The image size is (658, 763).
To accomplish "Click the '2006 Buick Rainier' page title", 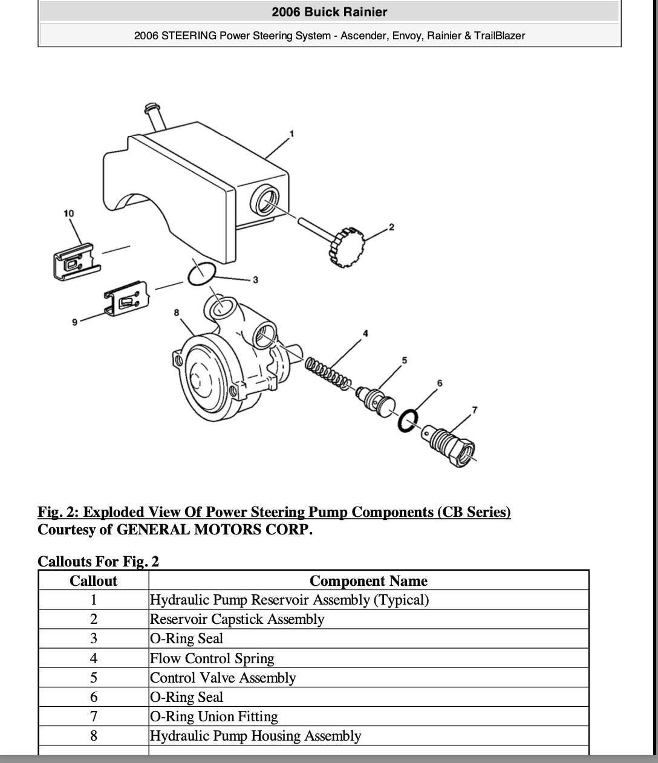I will (329, 12).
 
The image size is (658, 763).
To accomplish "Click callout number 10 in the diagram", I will (68, 213).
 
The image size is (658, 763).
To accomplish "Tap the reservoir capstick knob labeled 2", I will (347, 247).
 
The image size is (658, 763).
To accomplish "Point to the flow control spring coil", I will (327, 372).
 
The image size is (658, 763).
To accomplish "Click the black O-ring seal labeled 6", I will (408, 420).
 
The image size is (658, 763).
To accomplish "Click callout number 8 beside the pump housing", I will (177, 313).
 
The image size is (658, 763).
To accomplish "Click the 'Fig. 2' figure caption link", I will (274, 512).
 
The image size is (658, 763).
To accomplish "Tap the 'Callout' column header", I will (93, 581).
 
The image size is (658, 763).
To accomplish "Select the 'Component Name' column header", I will (368, 581).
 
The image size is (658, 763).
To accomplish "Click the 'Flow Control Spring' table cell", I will (212, 658).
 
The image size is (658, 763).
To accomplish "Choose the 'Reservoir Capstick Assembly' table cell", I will (236, 619).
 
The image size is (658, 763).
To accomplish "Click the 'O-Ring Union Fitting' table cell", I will (213, 716).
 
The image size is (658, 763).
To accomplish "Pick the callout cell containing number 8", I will (93, 736).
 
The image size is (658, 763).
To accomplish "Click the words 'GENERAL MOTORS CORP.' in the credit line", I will (214, 530).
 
